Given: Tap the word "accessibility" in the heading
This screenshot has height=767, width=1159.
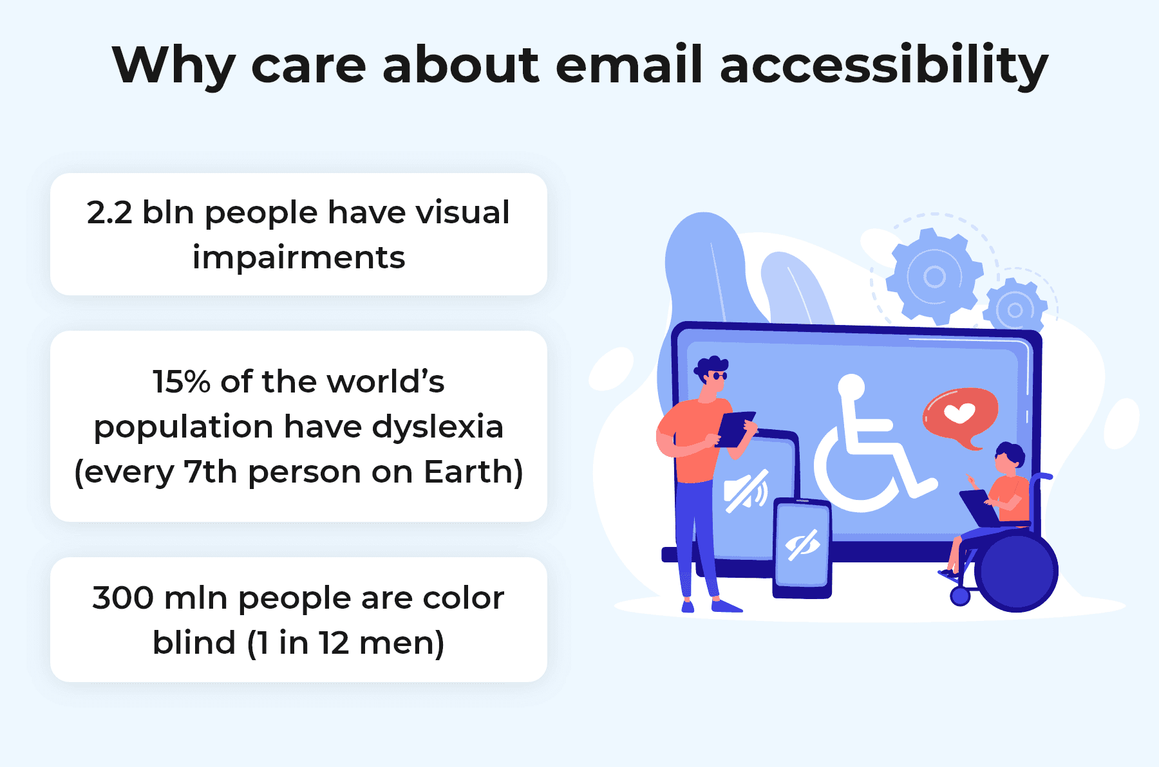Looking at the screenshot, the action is (x=884, y=66).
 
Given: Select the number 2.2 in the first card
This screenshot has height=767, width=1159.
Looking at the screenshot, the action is (x=109, y=213).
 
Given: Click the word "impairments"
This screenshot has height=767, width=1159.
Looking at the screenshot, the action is (x=299, y=258).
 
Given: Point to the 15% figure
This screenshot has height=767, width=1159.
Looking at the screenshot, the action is (x=182, y=382).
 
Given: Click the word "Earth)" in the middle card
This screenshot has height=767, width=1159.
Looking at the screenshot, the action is (x=473, y=472).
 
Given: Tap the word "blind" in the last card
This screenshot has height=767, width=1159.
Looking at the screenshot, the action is (x=194, y=643).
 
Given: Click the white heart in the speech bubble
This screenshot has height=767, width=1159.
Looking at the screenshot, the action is (x=959, y=412).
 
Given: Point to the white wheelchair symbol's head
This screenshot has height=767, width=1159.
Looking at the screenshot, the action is (x=851, y=386).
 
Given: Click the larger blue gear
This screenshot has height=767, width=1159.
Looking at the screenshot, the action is (x=934, y=277).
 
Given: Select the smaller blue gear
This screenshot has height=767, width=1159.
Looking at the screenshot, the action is (x=1015, y=310).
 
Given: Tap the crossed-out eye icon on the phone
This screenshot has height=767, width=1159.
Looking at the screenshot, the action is (x=802, y=545).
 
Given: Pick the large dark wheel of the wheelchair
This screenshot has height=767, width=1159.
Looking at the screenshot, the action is (x=1016, y=571).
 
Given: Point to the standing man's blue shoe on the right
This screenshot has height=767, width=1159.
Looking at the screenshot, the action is (x=726, y=605).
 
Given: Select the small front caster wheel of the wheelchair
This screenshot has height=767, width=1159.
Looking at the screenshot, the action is (x=960, y=596).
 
